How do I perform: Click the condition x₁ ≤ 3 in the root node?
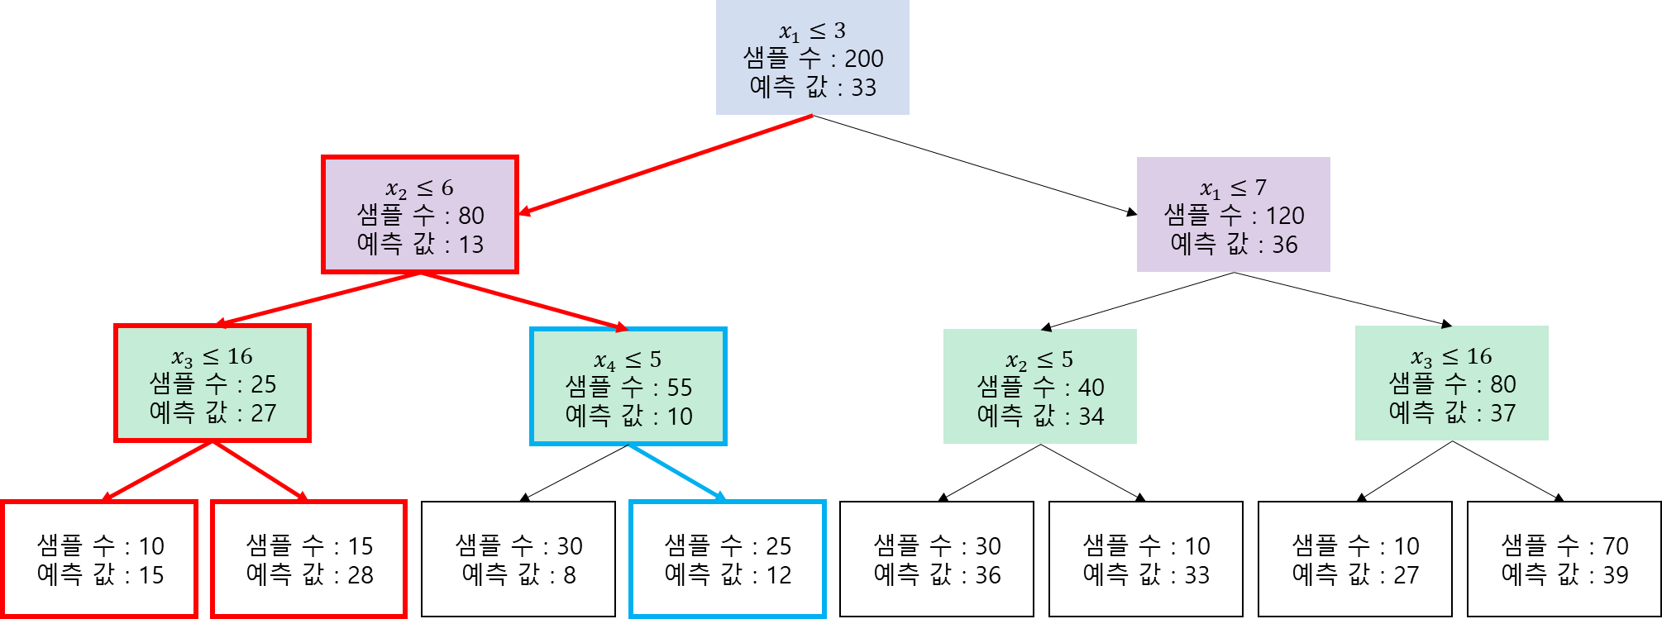point(812,31)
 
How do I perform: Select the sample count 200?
point(863,59)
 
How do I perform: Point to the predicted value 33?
point(863,88)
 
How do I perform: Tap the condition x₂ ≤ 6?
point(419,188)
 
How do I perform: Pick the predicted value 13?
point(471,245)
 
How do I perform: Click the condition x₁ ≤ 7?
point(1233,188)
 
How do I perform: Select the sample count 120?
point(1284,217)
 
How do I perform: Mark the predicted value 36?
point(1284,245)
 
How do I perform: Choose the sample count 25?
point(263,384)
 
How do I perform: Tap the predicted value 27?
point(263,413)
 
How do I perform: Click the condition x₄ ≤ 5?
point(628,360)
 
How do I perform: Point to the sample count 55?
point(679,388)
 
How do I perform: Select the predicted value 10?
point(680,417)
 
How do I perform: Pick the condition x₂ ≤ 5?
point(1039,360)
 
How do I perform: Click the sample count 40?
point(1091,388)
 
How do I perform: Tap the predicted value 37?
point(1502,413)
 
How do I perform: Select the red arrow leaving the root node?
point(666,164)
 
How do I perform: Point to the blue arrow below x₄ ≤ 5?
point(676,472)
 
